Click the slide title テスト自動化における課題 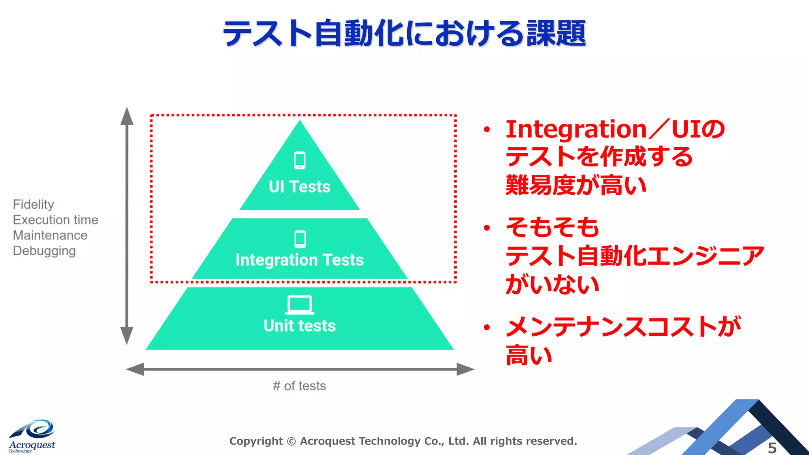404,33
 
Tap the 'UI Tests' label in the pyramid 299,187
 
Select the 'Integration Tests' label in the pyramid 299,260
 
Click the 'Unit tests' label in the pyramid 299,326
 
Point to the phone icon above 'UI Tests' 300,160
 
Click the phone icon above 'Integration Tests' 300,239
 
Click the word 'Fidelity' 33,205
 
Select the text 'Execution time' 55,220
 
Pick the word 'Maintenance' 50,235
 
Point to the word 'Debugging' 44,251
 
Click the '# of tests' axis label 299,386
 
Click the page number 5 772,448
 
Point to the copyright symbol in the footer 291,441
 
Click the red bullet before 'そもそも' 487,227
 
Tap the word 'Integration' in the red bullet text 576,129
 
